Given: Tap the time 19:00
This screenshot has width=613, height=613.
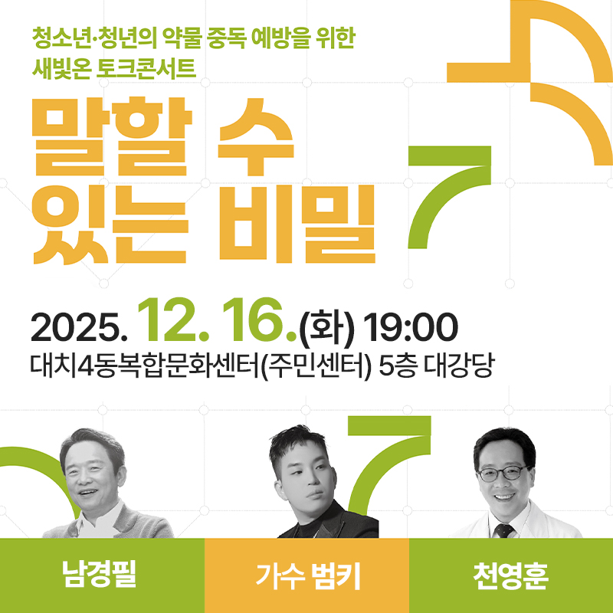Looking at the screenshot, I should tap(411, 328).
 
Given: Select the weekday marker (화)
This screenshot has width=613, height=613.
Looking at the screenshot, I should tap(328, 328).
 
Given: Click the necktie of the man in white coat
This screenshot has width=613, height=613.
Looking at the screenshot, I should tap(503, 529).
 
